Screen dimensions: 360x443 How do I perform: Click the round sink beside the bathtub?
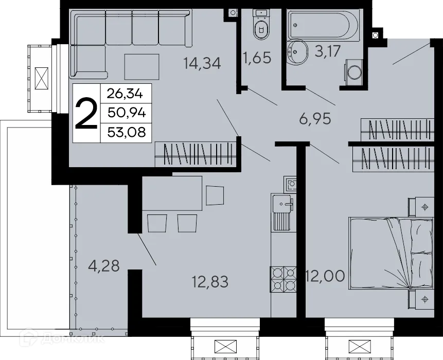[297, 52]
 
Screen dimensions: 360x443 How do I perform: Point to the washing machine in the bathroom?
[353, 71]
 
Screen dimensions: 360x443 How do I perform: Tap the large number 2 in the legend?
[86, 114]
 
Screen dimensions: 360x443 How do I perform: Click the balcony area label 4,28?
[104, 266]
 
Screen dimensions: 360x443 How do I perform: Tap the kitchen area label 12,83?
[209, 281]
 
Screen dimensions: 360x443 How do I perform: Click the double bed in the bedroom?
[391, 253]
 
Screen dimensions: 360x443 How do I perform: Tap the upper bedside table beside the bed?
[421, 207]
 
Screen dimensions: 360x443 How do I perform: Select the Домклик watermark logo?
[63, 340]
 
